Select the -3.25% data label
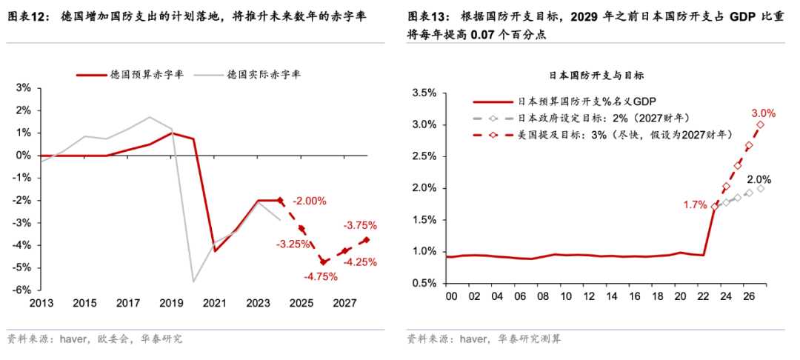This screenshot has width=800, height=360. click(x=294, y=244)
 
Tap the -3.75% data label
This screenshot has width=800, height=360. click(x=361, y=225)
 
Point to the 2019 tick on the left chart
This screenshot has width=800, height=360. click(x=171, y=303)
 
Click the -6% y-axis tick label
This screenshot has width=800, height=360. click(x=23, y=290)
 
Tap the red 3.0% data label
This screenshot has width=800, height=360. click(x=763, y=113)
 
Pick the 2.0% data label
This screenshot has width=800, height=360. click(x=759, y=179)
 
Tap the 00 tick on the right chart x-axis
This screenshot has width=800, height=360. click(x=449, y=296)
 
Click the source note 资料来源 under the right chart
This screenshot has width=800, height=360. click(x=429, y=339)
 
